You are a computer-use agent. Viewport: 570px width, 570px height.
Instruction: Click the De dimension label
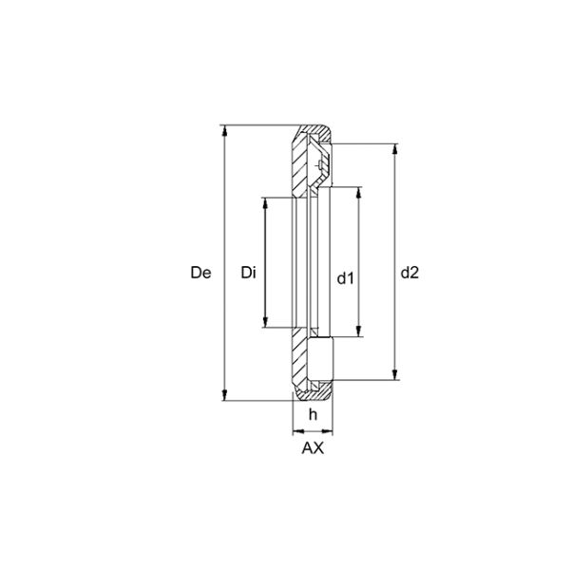(200, 273)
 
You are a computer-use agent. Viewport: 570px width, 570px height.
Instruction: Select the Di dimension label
(248, 273)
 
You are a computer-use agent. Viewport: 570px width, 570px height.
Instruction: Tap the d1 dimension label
(345, 278)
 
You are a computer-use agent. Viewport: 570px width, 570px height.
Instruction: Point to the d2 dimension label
(409, 273)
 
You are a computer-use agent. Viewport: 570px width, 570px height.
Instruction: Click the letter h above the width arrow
(313, 414)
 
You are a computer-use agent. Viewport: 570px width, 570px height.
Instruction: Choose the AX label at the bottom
(313, 448)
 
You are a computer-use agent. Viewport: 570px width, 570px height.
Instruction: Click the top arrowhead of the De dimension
(225, 131)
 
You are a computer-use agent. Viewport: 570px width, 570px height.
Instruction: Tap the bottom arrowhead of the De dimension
(225, 395)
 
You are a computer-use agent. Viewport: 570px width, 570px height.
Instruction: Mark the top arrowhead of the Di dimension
(265, 203)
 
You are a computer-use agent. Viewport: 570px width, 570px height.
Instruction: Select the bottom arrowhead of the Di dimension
(265, 322)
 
